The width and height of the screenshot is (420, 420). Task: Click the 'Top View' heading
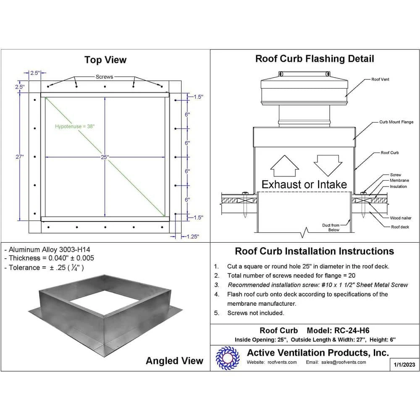coord(105,60)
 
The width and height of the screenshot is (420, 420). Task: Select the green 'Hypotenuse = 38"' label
coord(75,126)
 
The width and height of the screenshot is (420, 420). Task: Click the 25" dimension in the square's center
coord(105,157)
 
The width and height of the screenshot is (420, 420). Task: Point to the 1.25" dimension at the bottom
coord(192,237)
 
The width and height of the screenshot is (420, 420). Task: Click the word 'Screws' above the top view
coord(105,77)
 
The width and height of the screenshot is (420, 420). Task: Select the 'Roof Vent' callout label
coord(380,79)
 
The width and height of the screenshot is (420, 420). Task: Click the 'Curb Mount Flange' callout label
coord(396,122)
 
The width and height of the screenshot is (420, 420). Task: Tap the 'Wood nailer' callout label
coord(401,218)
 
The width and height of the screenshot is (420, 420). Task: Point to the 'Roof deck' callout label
coord(400,227)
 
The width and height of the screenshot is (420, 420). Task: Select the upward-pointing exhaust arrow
coord(284,166)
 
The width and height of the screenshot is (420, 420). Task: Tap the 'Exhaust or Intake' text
coord(304,184)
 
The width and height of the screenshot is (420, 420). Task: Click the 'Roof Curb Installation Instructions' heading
coord(314,251)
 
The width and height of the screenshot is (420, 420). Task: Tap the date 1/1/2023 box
coord(404,365)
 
